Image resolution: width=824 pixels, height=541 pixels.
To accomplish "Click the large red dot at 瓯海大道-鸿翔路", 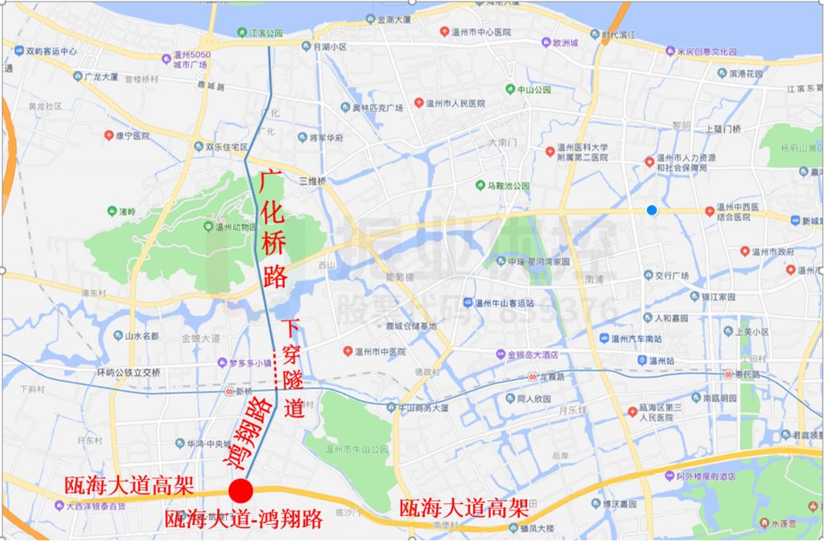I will coord(241,490).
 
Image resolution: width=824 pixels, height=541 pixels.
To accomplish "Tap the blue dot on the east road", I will coord(652,211).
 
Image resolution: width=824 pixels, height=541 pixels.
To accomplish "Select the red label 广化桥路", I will coord(274,231).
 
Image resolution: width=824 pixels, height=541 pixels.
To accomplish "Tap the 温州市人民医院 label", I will coord(455,103).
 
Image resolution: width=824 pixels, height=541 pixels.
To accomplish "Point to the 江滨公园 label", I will coord(266,33).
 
